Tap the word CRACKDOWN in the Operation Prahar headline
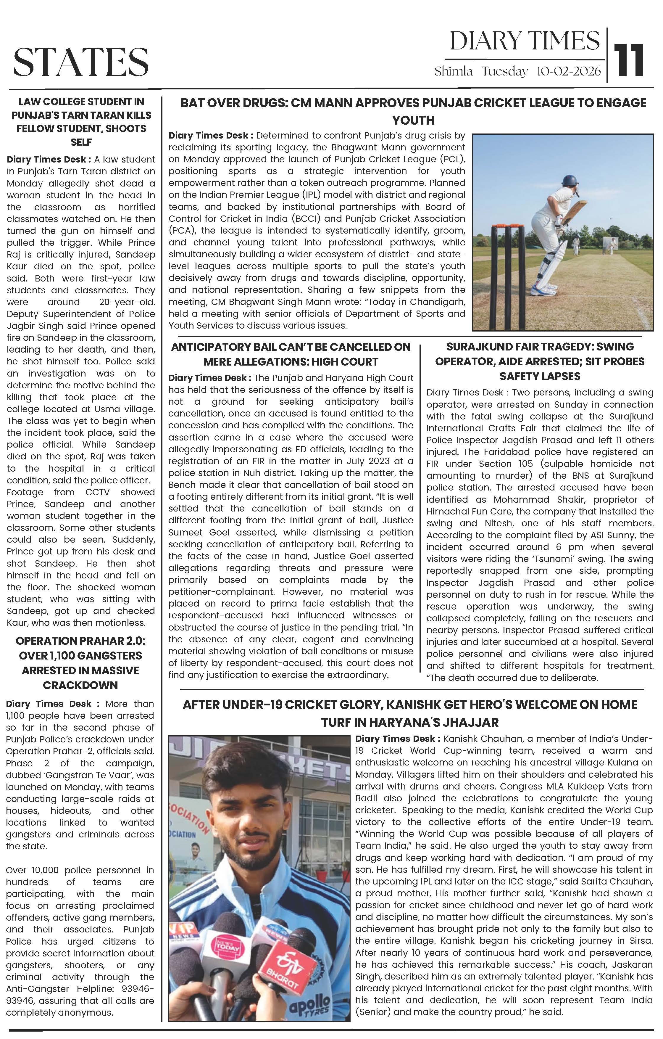point(80,685)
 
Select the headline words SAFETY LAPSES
point(540,376)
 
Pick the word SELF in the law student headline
point(81,142)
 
